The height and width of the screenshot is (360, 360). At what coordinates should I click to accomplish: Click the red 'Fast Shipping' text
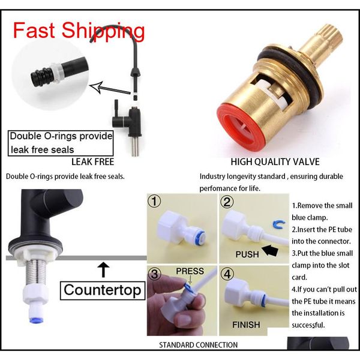[79, 30]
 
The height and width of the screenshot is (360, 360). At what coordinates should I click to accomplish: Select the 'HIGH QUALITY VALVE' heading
[275, 162]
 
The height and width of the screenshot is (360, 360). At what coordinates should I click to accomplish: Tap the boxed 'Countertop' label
[103, 291]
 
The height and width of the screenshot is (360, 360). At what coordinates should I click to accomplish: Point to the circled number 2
[227, 202]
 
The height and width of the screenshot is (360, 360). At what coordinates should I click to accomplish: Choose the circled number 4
[227, 274]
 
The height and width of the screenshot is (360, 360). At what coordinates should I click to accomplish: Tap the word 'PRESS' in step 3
[190, 271]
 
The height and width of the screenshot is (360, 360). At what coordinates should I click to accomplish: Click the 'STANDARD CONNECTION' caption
[198, 345]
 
